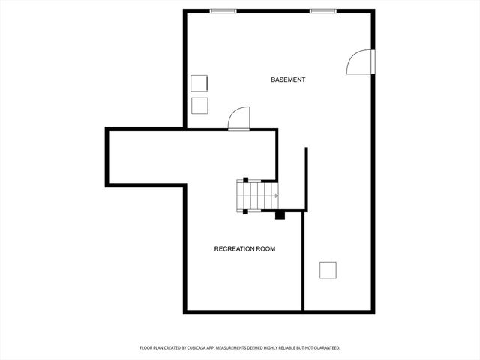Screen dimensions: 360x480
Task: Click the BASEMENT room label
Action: (288, 79)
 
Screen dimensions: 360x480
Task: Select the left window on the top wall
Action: (223, 11)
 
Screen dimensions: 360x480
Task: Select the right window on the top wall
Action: (322, 11)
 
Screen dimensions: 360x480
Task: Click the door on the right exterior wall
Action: (362, 62)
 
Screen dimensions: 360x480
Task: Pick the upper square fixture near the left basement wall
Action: (199, 83)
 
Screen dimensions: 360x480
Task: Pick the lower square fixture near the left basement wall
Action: (199, 104)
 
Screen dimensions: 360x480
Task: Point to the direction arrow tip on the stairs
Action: (277, 196)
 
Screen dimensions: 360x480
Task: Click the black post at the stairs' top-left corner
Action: (245, 180)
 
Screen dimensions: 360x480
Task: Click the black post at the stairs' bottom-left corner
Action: (245, 211)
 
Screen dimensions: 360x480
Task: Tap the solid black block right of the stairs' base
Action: (280, 215)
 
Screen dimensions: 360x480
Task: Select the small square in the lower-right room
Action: (328, 269)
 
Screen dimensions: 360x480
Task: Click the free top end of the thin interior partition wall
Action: (306, 148)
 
